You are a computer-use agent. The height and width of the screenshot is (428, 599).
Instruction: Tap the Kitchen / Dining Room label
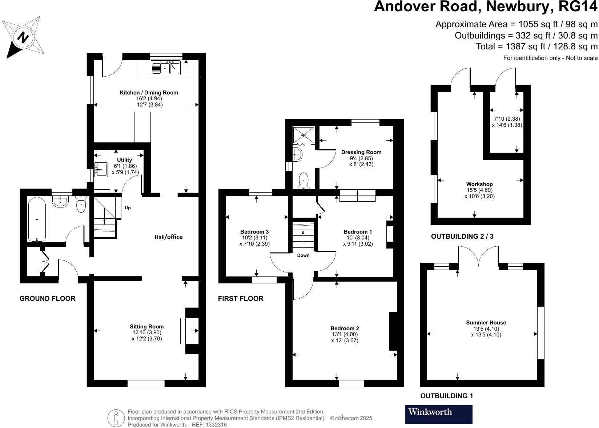point(149,93)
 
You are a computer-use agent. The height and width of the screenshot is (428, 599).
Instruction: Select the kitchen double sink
point(166,68)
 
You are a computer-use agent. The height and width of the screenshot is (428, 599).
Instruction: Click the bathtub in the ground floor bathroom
point(37,219)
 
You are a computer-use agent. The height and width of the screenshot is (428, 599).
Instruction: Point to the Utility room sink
point(101,169)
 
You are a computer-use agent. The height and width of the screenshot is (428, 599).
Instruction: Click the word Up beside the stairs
point(128,208)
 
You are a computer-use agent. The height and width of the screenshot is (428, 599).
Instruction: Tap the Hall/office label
point(169,237)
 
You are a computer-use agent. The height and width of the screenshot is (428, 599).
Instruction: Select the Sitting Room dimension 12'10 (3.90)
point(147,332)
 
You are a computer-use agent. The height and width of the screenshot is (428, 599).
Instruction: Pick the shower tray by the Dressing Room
point(304,135)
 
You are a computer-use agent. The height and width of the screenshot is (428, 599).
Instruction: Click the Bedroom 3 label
point(254,232)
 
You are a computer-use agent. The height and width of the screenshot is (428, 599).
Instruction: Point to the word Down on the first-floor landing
point(303,255)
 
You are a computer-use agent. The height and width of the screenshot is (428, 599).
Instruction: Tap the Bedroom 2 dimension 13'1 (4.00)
point(345,335)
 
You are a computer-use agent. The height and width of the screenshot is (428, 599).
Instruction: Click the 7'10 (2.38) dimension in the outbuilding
point(507,119)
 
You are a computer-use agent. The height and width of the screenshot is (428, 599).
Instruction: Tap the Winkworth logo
point(438,414)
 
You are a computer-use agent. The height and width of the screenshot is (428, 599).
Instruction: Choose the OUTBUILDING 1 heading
point(446,396)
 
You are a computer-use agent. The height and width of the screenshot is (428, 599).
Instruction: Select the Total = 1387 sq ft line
point(536,46)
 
